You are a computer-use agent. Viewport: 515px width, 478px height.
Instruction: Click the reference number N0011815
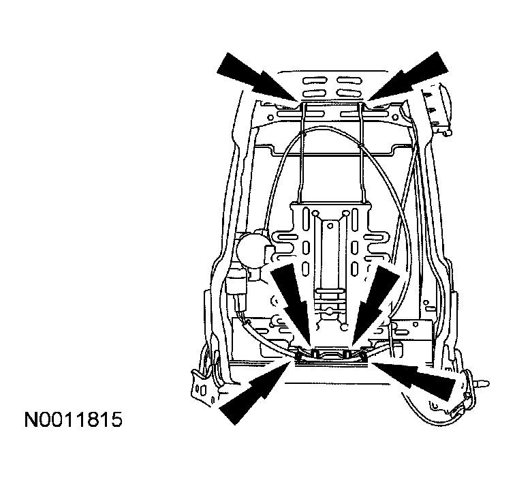coord(74,419)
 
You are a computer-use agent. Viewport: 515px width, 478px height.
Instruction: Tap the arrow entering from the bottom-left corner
coord(255,392)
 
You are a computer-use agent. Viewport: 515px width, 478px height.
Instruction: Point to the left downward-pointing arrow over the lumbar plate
coord(291,303)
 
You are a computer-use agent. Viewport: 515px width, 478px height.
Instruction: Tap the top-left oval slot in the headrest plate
coord(315,81)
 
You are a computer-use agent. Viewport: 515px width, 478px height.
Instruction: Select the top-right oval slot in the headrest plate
coord(349,81)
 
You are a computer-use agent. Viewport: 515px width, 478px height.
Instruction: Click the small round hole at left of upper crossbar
coord(270,117)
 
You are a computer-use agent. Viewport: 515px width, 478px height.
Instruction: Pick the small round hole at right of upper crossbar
coord(396,117)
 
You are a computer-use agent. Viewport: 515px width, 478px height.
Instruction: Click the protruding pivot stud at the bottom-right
coord(482,383)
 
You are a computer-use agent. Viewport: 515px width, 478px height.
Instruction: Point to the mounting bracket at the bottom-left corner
coord(204,388)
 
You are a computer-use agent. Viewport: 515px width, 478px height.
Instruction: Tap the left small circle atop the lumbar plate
coord(315,213)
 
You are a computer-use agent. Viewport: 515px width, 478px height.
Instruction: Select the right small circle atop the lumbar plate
coord(345,213)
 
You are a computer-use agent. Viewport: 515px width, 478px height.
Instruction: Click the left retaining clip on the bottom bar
coord(315,354)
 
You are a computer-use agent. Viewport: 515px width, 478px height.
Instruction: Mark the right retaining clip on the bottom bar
coord(347,354)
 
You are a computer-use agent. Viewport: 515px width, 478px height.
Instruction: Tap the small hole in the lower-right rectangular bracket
coord(416,324)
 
